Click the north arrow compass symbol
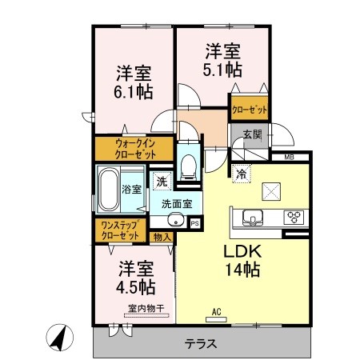pos(59,338)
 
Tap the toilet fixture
pos(188,166)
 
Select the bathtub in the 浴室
pos(108,189)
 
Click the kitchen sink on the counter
pos(252,218)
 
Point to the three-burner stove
pos(294,218)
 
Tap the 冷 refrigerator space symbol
pos(242,174)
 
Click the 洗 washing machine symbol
pos(162,182)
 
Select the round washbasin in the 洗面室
pos(176,220)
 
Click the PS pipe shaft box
pos(195,223)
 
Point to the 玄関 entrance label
pos(252,134)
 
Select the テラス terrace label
pos(201,343)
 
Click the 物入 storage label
pos(162,237)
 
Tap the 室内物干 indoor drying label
pos(146,309)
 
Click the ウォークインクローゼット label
pos(135,149)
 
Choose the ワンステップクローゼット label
pos(120,230)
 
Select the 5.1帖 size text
pos(222,70)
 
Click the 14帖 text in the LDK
pos(242,270)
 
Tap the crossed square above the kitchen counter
pos(271,191)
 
